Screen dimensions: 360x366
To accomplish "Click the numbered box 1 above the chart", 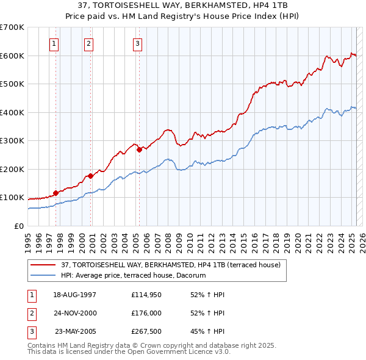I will (x=55, y=43).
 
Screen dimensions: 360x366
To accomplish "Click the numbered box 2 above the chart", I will (x=88, y=43).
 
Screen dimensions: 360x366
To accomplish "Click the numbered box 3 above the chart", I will (x=138, y=43).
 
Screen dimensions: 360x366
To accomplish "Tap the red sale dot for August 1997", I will (x=56, y=193).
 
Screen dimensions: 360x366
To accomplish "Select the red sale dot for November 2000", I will (x=90, y=176).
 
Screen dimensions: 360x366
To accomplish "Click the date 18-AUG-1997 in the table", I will (x=75, y=295).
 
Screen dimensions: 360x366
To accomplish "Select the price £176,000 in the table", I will (x=145, y=314).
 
